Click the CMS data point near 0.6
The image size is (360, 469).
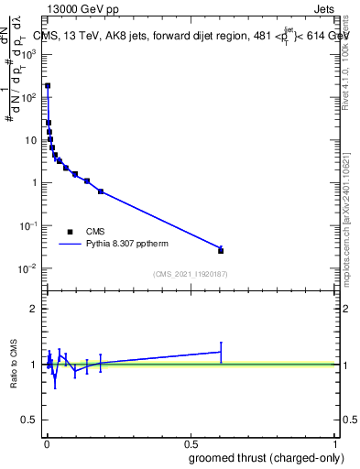point(221,250)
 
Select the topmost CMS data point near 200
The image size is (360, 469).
point(48,85)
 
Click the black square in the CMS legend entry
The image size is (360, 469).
point(71,232)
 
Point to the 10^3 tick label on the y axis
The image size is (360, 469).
point(29,54)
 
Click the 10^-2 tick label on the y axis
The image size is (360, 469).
point(28,268)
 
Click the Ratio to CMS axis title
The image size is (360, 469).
point(14,364)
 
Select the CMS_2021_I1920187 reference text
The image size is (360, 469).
point(190,274)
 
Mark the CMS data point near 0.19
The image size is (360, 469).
point(100,191)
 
